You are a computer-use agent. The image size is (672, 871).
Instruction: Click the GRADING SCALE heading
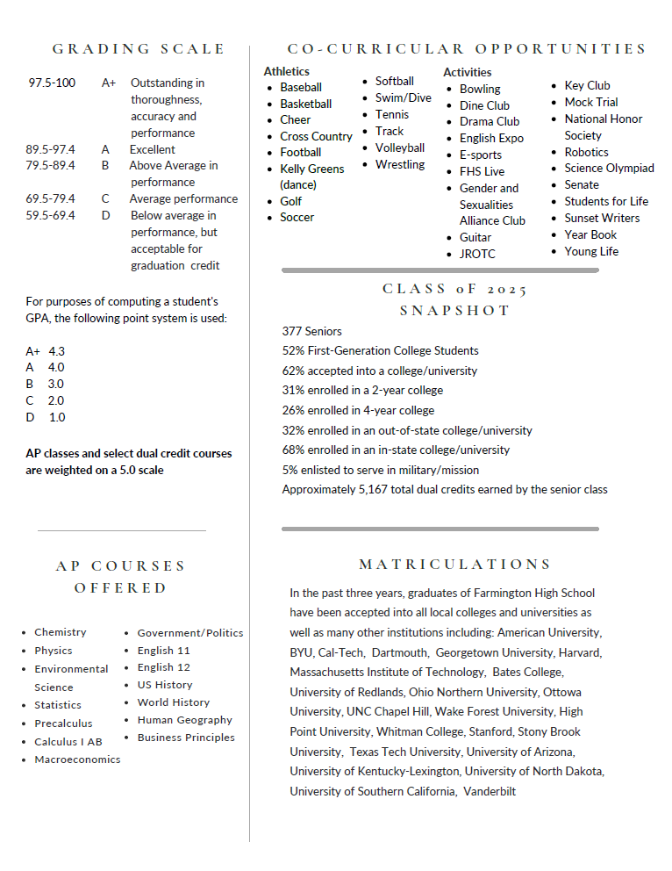point(139,49)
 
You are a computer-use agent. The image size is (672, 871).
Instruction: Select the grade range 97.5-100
point(52,83)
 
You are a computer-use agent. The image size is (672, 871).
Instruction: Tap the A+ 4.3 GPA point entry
point(46,351)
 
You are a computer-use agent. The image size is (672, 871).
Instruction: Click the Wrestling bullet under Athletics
point(399,165)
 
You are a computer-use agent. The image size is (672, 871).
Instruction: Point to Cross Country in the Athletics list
point(316,136)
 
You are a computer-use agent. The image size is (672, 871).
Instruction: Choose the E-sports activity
point(481,155)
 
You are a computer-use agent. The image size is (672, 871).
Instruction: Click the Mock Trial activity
point(590,102)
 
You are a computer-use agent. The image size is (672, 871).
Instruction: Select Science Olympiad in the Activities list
point(609,169)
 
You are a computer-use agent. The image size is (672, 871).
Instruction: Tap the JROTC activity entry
point(477,255)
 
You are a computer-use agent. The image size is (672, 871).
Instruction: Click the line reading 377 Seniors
point(312,332)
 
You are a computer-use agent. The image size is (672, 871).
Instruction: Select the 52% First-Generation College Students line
point(380,351)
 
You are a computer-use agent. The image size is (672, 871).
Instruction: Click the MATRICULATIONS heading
point(455,565)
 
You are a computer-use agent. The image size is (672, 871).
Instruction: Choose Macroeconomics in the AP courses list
point(77,759)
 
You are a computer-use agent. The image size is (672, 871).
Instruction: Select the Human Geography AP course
point(184,720)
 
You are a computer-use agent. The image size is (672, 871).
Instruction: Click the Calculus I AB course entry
point(68,742)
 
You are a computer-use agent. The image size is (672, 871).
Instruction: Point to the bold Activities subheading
point(467,72)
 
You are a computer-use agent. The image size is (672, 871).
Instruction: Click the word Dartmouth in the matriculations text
point(399,653)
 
